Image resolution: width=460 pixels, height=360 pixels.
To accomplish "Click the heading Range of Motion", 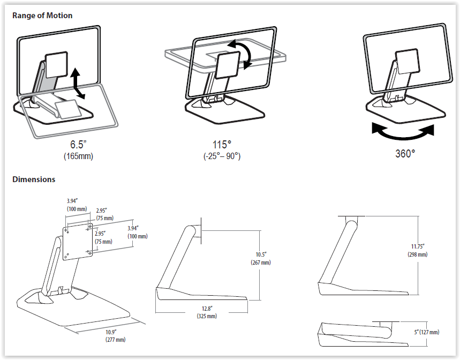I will click(x=42, y=16).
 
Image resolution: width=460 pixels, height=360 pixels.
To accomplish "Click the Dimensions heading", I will click(x=34, y=179).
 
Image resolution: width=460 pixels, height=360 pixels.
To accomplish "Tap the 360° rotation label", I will click(x=405, y=154).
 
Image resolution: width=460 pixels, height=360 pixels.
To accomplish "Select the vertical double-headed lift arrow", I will click(x=78, y=82).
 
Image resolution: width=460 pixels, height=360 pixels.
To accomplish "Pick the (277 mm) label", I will click(x=116, y=339).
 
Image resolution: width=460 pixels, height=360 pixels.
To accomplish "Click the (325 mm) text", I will click(x=207, y=316).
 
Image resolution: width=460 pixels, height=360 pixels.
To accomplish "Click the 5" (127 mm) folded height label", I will click(x=426, y=332).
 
